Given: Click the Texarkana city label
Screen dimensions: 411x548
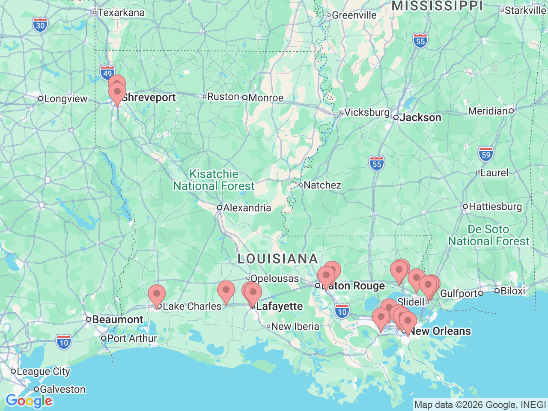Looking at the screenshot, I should pos(121,13).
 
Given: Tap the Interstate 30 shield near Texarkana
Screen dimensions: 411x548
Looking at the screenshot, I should pos(40,25).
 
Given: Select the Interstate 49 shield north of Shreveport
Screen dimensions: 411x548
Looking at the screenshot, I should pos(107,73).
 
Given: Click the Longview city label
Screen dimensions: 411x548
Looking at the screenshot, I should pos(66,99).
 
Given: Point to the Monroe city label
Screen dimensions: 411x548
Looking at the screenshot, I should pos(265,98).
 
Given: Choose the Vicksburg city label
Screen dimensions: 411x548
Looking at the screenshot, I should pos(366,113).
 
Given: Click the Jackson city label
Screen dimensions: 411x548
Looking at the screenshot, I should pos(420,118).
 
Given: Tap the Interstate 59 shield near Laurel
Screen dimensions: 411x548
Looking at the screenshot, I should pos(486,155).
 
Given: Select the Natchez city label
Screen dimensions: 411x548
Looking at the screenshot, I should pos(322,185).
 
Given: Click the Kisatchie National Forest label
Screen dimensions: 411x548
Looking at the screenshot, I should pos(214,180).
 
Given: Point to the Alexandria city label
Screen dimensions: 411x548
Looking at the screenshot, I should pos(247,208).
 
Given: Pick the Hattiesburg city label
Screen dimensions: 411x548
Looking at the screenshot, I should pos(495,207).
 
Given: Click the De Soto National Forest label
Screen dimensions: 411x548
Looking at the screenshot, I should pos(488,235).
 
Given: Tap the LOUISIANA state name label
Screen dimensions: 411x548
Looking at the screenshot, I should pos(277,259).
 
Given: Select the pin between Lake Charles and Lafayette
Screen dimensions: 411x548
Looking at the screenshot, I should pos(226,291).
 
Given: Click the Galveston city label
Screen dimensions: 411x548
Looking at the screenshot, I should pos(62,390).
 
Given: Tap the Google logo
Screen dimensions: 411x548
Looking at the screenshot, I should pos(29,401).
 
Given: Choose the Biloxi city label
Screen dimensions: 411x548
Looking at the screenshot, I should pos(512,291).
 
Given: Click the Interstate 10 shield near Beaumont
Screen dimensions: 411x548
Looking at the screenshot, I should pos(63,342).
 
